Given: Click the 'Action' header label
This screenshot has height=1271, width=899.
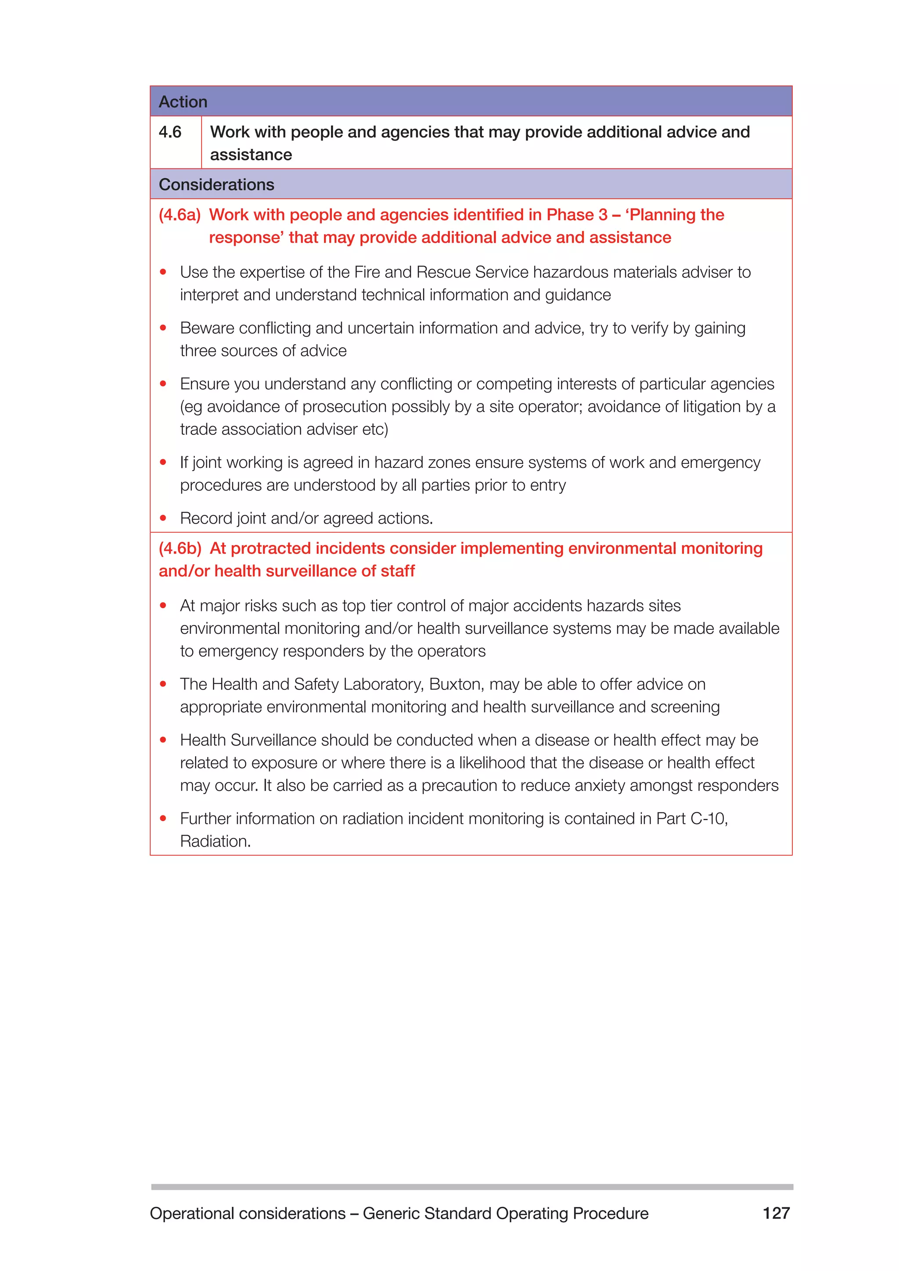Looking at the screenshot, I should tap(183, 102).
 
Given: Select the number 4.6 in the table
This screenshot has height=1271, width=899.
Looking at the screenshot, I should tap(170, 132).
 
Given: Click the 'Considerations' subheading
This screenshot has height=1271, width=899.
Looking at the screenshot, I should tap(216, 185).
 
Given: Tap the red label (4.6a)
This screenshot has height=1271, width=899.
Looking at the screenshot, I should tap(180, 215).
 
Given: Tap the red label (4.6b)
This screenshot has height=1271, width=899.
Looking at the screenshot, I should tap(180, 549).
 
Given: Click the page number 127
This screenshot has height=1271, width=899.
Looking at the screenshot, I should tap(776, 1213).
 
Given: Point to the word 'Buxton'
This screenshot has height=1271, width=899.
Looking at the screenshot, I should tap(456, 684).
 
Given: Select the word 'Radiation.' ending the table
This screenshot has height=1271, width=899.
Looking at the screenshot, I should tap(216, 841).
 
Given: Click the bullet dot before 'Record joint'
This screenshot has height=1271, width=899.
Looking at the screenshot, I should tap(163, 518).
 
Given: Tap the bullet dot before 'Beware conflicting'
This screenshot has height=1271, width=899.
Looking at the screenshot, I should tap(163, 328).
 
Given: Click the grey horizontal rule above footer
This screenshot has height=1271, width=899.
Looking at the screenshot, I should tap(471, 1187).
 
